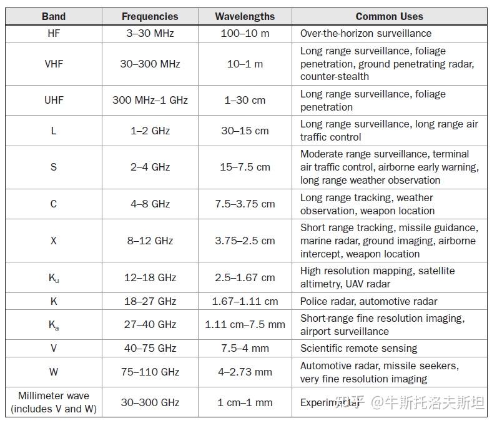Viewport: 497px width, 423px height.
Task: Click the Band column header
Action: [x=54, y=17]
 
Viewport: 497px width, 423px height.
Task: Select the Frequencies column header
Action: [x=150, y=17]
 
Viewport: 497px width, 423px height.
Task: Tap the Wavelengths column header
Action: [x=245, y=17]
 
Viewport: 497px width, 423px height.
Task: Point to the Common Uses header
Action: [x=389, y=17]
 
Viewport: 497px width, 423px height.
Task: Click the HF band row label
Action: [x=54, y=34]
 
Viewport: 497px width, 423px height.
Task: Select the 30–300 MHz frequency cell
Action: [x=150, y=64]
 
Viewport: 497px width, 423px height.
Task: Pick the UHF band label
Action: [x=54, y=100]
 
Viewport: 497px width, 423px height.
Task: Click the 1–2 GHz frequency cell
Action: [x=150, y=131]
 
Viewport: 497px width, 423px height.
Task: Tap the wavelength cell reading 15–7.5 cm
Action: [x=245, y=167]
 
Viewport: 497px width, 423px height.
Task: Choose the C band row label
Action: [x=54, y=204]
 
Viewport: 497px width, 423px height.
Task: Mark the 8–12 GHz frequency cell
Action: [x=150, y=241]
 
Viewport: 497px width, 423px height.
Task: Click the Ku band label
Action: [x=54, y=277]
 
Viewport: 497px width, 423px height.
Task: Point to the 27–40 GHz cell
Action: [x=150, y=325]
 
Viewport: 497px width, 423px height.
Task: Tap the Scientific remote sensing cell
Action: [x=358, y=349]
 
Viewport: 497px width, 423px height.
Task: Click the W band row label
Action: [x=54, y=372]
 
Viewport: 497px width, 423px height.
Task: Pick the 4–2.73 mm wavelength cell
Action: [x=245, y=372]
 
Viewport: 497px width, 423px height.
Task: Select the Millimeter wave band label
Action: [x=54, y=402]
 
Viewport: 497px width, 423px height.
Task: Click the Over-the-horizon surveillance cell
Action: [x=365, y=34]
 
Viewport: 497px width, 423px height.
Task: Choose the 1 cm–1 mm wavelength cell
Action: [x=245, y=402]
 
